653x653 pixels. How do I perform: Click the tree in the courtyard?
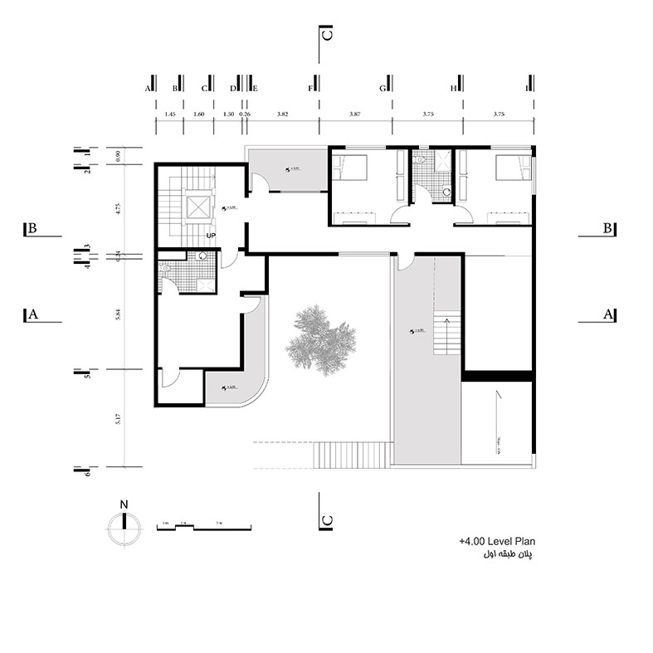pyautogui.click(x=323, y=339)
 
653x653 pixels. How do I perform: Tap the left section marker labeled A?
pyautogui.click(x=34, y=314)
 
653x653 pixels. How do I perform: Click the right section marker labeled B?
pyautogui.click(x=607, y=228)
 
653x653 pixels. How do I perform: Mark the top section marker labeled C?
pyautogui.click(x=327, y=35)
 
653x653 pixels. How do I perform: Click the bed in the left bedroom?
pyautogui.click(x=351, y=168)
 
